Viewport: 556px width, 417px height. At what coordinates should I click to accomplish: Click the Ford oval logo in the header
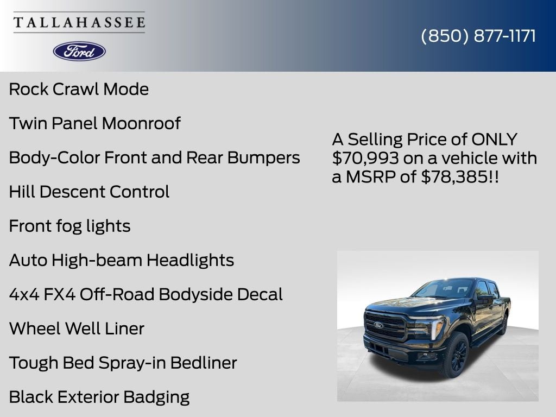pyautogui.click(x=79, y=51)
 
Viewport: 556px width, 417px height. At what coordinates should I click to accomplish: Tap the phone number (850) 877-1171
pyautogui.click(x=478, y=36)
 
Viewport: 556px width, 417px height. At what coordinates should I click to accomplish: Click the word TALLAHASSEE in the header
pyautogui.click(x=79, y=22)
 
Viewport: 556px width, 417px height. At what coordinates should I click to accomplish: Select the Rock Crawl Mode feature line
pyautogui.click(x=79, y=89)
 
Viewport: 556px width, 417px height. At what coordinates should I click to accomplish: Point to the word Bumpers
pyautogui.click(x=263, y=157)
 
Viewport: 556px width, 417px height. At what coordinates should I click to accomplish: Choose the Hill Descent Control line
pyautogui.click(x=89, y=192)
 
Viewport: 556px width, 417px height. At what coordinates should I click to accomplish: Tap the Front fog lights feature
pyautogui.click(x=69, y=226)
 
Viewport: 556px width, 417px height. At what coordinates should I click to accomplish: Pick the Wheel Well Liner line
pyautogui.click(x=77, y=328)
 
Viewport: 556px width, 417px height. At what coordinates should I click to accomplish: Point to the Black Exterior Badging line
pyautogui.click(x=99, y=397)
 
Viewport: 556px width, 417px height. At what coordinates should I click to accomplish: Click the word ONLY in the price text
pyautogui.click(x=494, y=140)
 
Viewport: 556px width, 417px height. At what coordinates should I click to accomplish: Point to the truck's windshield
pyautogui.click(x=445, y=288)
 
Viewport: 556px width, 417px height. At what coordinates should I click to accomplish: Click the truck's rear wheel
pyautogui.click(x=503, y=325)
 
